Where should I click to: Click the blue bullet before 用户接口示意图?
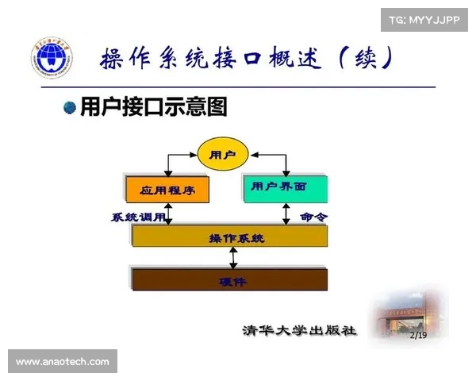pyautogui.click(x=70, y=107)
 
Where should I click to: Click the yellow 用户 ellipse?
pyautogui.click(x=222, y=155)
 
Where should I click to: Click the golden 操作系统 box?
pyautogui.click(x=230, y=237)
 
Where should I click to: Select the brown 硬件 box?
pyautogui.click(x=230, y=279)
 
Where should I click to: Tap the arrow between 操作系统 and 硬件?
pyautogui.click(x=232, y=258)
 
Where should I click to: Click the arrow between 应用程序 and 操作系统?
pyautogui.click(x=167, y=213)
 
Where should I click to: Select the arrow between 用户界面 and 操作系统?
pyautogui.click(x=286, y=213)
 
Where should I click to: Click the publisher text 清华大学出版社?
pyautogui.click(x=299, y=330)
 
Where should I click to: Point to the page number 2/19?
pyautogui.click(x=418, y=335)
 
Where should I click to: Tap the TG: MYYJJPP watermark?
pyautogui.click(x=424, y=19)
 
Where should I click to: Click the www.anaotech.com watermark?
pyautogui.click(x=63, y=362)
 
